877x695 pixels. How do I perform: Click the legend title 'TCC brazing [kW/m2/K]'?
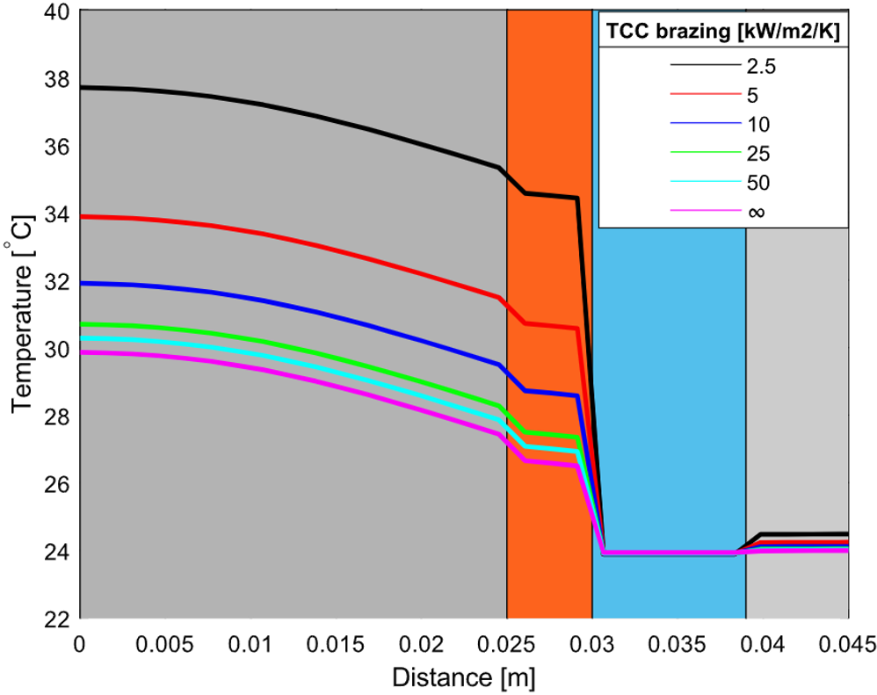(722, 33)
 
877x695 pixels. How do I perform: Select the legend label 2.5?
(761, 64)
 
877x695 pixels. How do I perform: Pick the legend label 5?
(753, 93)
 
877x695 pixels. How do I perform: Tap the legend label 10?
(757, 123)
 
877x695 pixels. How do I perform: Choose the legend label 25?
(757, 153)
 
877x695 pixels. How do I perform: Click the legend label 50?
(757, 183)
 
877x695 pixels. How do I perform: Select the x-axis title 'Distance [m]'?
(463, 677)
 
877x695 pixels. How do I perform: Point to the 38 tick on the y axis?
(58, 79)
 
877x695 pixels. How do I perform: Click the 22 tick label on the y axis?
(58, 619)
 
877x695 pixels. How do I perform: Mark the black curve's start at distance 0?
(82, 87)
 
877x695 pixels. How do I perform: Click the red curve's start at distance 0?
(82, 216)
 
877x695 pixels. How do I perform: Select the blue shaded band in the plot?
(668, 395)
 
